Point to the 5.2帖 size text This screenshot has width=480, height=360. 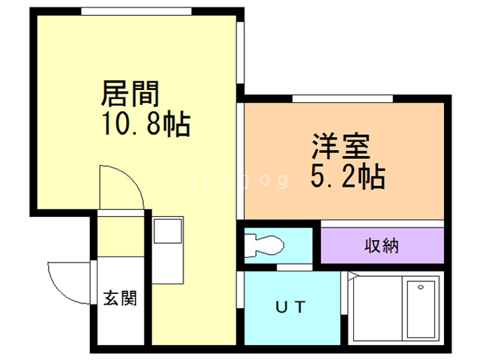click(347, 178)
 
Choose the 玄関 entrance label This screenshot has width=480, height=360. click(120, 298)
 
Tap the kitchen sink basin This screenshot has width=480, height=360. click(165, 230)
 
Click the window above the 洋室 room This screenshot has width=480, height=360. click(342, 98)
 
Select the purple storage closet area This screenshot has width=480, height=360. click(382, 244)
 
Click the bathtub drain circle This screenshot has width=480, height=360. click(421, 288)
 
